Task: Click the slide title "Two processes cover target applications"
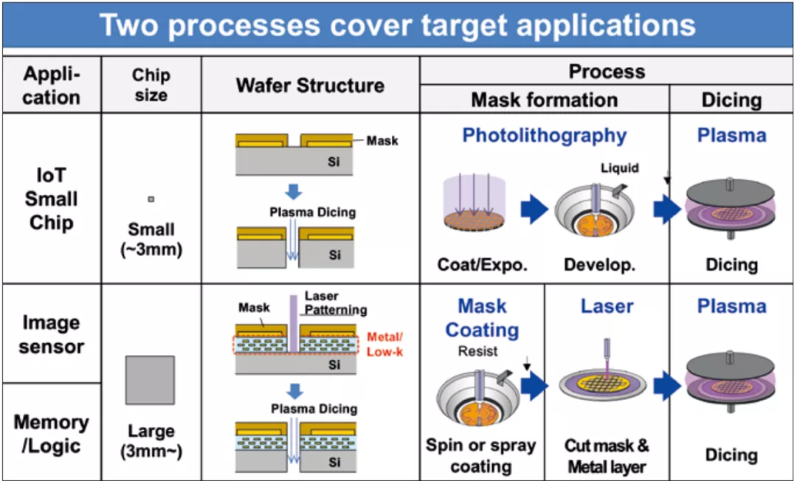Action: [x=398, y=25]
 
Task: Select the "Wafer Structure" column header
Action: [x=310, y=85]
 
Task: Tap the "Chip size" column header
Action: [x=151, y=85]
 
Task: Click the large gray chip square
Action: [x=151, y=381]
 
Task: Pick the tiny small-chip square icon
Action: [x=151, y=199]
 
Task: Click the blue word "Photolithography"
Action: [x=544, y=136]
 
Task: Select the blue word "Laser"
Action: [x=607, y=305]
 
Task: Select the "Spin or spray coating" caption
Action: [x=480, y=456]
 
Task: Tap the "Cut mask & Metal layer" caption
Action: [x=607, y=456]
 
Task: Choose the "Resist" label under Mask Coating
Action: [x=478, y=351]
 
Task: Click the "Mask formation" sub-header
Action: [x=544, y=100]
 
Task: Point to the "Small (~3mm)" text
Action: [x=151, y=239]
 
